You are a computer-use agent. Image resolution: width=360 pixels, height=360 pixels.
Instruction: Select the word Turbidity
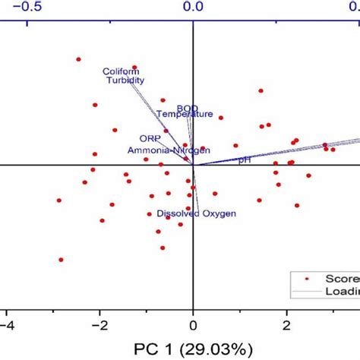click(125, 81)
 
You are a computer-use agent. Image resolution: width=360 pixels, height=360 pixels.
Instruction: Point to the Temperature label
click(185, 115)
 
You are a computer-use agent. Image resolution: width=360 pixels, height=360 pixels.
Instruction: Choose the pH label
click(244, 160)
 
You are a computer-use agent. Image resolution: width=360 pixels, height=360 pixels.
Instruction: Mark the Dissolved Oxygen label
click(196, 214)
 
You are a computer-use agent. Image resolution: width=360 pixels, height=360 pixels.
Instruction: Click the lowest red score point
click(62, 260)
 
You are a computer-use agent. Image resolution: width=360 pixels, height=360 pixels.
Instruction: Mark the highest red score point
click(78, 58)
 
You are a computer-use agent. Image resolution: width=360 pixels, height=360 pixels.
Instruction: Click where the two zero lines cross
click(193, 164)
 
